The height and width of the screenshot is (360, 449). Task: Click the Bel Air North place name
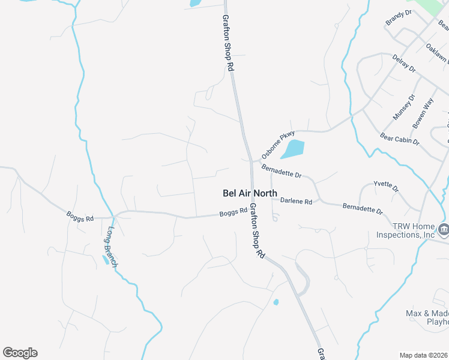coord(250,193)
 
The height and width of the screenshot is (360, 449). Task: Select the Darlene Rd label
coord(297,202)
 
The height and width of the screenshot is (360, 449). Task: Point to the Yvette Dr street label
coord(386,187)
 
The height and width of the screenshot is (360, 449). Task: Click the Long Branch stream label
coord(112,247)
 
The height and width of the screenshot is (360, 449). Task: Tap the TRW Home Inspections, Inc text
coord(406,230)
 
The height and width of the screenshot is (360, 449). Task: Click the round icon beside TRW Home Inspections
coord(443,229)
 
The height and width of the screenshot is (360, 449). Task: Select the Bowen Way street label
coord(423,113)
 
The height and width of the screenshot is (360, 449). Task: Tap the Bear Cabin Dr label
coord(400,139)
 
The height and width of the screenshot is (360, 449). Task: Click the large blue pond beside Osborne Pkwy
coord(292,149)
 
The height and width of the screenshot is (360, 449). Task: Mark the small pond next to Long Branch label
coord(106,260)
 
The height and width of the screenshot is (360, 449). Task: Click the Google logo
coord(20,353)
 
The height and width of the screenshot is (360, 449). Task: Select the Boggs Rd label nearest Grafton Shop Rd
coord(233,212)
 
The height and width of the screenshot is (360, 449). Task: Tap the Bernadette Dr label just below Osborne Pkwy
coord(281,172)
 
